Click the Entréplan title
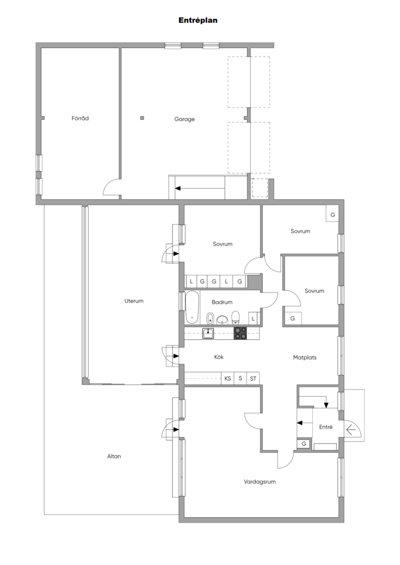tap(198, 20)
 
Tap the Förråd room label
tap(80, 118)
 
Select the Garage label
tap(185, 119)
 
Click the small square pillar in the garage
tap(142, 118)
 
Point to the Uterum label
tap(134, 301)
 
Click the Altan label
tap(114, 456)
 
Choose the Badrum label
tap(222, 302)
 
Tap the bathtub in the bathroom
tap(192, 307)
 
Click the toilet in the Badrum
tap(235, 317)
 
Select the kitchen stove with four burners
tap(241, 333)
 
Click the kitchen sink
tap(208, 333)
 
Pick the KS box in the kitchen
tap(228, 379)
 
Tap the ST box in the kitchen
tap(253, 379)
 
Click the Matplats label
tap(305, 358)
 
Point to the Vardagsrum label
tap(260, 481)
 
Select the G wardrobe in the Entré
tap(304, 444)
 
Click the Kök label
tap(219, 357)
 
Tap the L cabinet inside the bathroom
tap(253, 318)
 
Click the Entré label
tap(326, 427)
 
